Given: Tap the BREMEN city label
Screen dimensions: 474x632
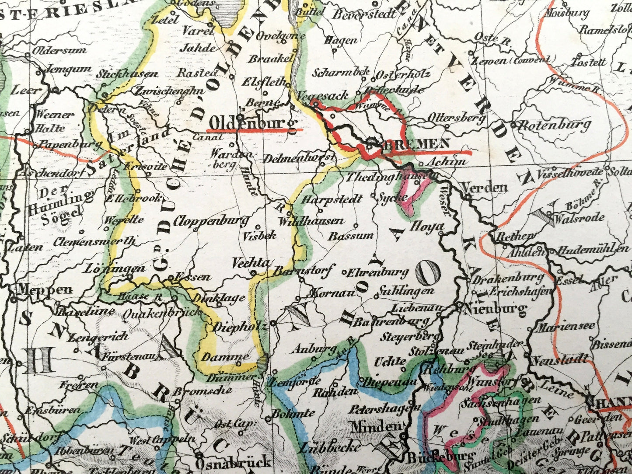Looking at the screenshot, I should pyautogui.click(x=416, y=143).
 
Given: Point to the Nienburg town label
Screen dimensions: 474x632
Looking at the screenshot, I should pyautogui.click(x=497, y=310).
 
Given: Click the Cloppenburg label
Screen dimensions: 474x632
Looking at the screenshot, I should pyautogui.click(x=211, y=221).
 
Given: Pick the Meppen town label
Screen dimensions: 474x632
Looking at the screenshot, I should pyautogui.click(x=45, y=289).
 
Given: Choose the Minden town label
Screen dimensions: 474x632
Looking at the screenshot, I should pyautogui.click(x=376, y=425).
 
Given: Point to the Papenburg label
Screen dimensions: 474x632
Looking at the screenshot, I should pyautogui.click(x=61, y=145).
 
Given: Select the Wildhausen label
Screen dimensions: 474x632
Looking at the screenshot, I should pyautogui.click(x=311, y=221).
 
